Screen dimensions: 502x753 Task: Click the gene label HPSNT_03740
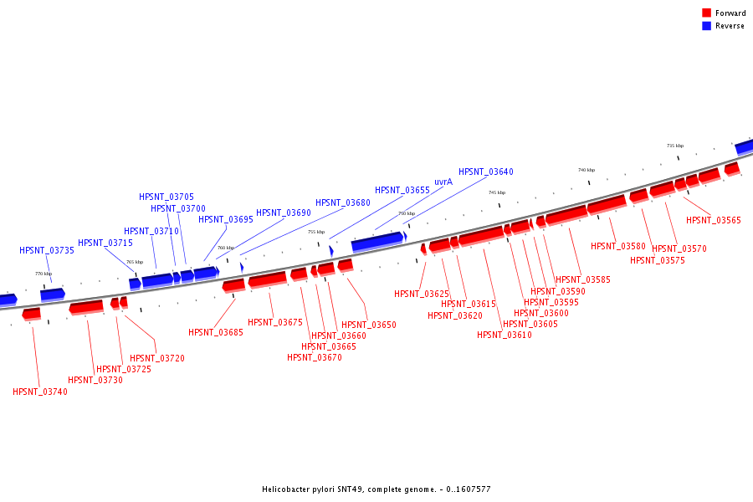pyautogui.click(x=40, y=392)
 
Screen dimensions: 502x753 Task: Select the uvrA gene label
pyautogui.click(x=443, y=182)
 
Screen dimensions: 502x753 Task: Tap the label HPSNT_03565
pyautogui.click(x=714, y=221)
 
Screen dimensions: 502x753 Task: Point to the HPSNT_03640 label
pyautogui.click(x=486, y=172)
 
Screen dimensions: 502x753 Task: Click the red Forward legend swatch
pyautogui.click(x=706, y=13)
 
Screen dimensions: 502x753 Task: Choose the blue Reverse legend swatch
pyautogui.click(x=706, y=26)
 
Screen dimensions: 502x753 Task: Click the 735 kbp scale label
pyautogui.click(x=674, y=146)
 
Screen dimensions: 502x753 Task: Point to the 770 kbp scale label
pyautogui.click(x=44, y=274)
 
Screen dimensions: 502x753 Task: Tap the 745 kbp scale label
pyautogui.click(x=497, y=192)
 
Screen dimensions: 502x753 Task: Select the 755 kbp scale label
pyautogui.click(x=316, y=232)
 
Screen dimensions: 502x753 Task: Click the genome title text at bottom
pyautogui.click(x=376, y=489)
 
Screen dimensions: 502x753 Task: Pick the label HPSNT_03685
pyautogui.click(x=216, y=332)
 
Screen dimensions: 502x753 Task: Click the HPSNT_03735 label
pyautogui.click(x=47, y=250)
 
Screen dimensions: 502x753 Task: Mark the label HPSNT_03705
pyautogui.click(x=166, y=197)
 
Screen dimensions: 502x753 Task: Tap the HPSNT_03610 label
pyautogui.click(x=505, y=335)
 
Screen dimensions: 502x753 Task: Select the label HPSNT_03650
pyautogui.click(x=369, y=325)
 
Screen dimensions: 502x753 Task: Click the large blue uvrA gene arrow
pyautogui.click(x=377, y=242)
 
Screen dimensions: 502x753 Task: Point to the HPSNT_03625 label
pyautogui.click(x=422, y=294)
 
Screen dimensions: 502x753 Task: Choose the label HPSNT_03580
pyautogui.click(x=618, y=246)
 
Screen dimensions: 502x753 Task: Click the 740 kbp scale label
pyautogui.click(x=586, y=170)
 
